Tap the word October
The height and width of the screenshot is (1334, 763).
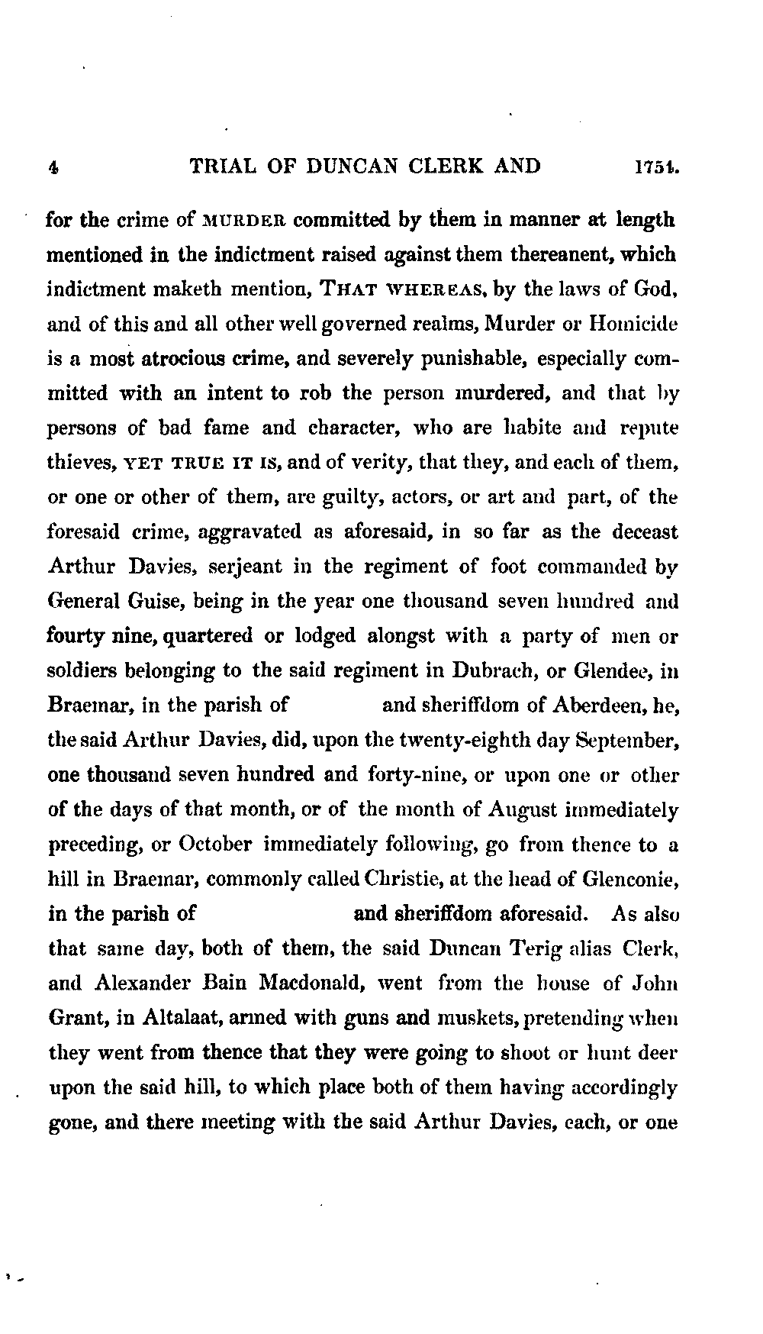pyautogui.click(x=216, y=845)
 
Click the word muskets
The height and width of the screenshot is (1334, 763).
pyautogui.click(x=453, y=1018)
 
